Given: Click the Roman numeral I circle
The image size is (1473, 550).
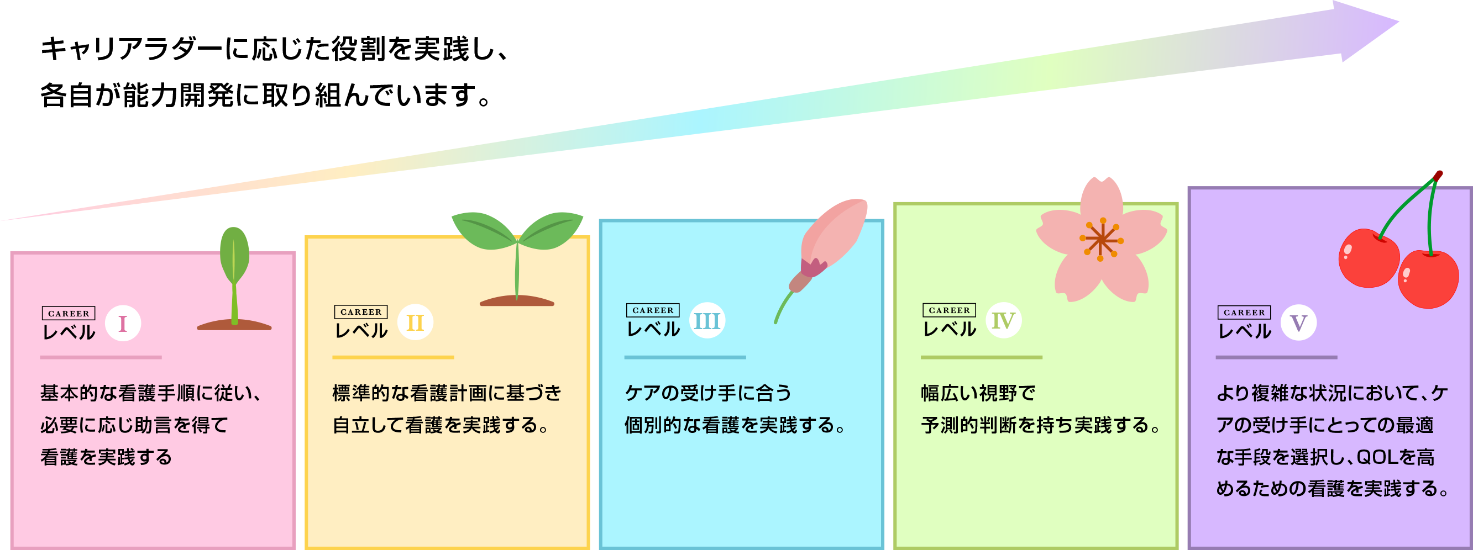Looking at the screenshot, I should (x=123, y=324).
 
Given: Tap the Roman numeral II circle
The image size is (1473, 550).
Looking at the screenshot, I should (x=415, y=322).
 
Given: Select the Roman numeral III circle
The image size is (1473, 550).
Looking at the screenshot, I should (x=707, y=320).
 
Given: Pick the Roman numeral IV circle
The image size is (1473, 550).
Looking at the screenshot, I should (x=1004, y=320).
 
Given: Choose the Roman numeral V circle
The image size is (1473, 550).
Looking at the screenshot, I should (x=1298, y=322).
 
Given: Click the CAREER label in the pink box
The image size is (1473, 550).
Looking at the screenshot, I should (x=69, y=313).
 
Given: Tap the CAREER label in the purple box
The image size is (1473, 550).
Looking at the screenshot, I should (x=1244, y=313).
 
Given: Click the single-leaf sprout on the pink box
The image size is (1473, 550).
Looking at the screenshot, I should (x=234, y=268).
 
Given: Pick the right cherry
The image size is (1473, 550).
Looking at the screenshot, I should (x=1428, y=279).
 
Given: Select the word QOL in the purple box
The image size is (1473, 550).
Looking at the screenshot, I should (x=1376, y=457).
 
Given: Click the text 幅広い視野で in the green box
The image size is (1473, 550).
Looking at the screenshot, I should (x=978, y=393).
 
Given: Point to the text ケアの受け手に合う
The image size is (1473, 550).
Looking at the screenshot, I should (x=708, y=393).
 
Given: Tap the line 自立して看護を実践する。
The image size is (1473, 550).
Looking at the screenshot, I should (x=441, y=425).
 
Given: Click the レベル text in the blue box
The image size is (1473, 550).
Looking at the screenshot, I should (x=653, y=330).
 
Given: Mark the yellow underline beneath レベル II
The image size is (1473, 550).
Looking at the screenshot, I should (x=393, y=357).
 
